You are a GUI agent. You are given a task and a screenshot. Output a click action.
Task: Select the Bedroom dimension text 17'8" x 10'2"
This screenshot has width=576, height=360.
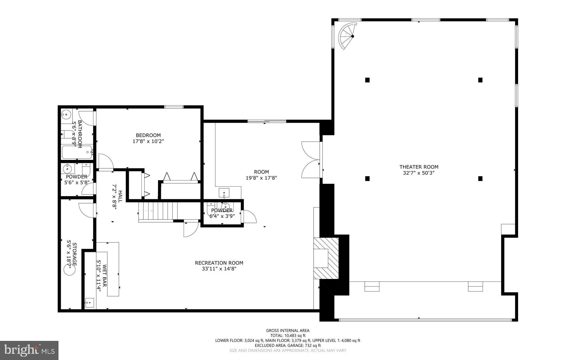(148, 141)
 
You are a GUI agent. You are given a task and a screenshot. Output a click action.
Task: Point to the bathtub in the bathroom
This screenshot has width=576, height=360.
(77, 153)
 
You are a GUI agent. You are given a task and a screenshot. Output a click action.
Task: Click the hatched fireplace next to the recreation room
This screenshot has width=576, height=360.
(326, 258)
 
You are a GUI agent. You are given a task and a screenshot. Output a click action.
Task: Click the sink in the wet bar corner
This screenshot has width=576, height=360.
(89, 303)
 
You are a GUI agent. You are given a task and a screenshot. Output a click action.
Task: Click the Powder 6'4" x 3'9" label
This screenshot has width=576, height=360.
(222, 213)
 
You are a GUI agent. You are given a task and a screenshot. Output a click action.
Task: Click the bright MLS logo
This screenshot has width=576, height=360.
(29, 350)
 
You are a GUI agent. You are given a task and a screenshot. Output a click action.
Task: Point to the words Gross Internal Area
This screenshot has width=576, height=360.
(288, 330)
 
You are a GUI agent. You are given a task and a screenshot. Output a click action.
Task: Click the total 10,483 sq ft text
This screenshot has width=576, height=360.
(288, 336)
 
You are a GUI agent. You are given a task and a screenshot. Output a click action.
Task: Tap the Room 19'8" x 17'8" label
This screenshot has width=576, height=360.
(261, 175)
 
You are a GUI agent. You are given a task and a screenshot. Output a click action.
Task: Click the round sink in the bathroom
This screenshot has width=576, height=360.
(66, 115)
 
